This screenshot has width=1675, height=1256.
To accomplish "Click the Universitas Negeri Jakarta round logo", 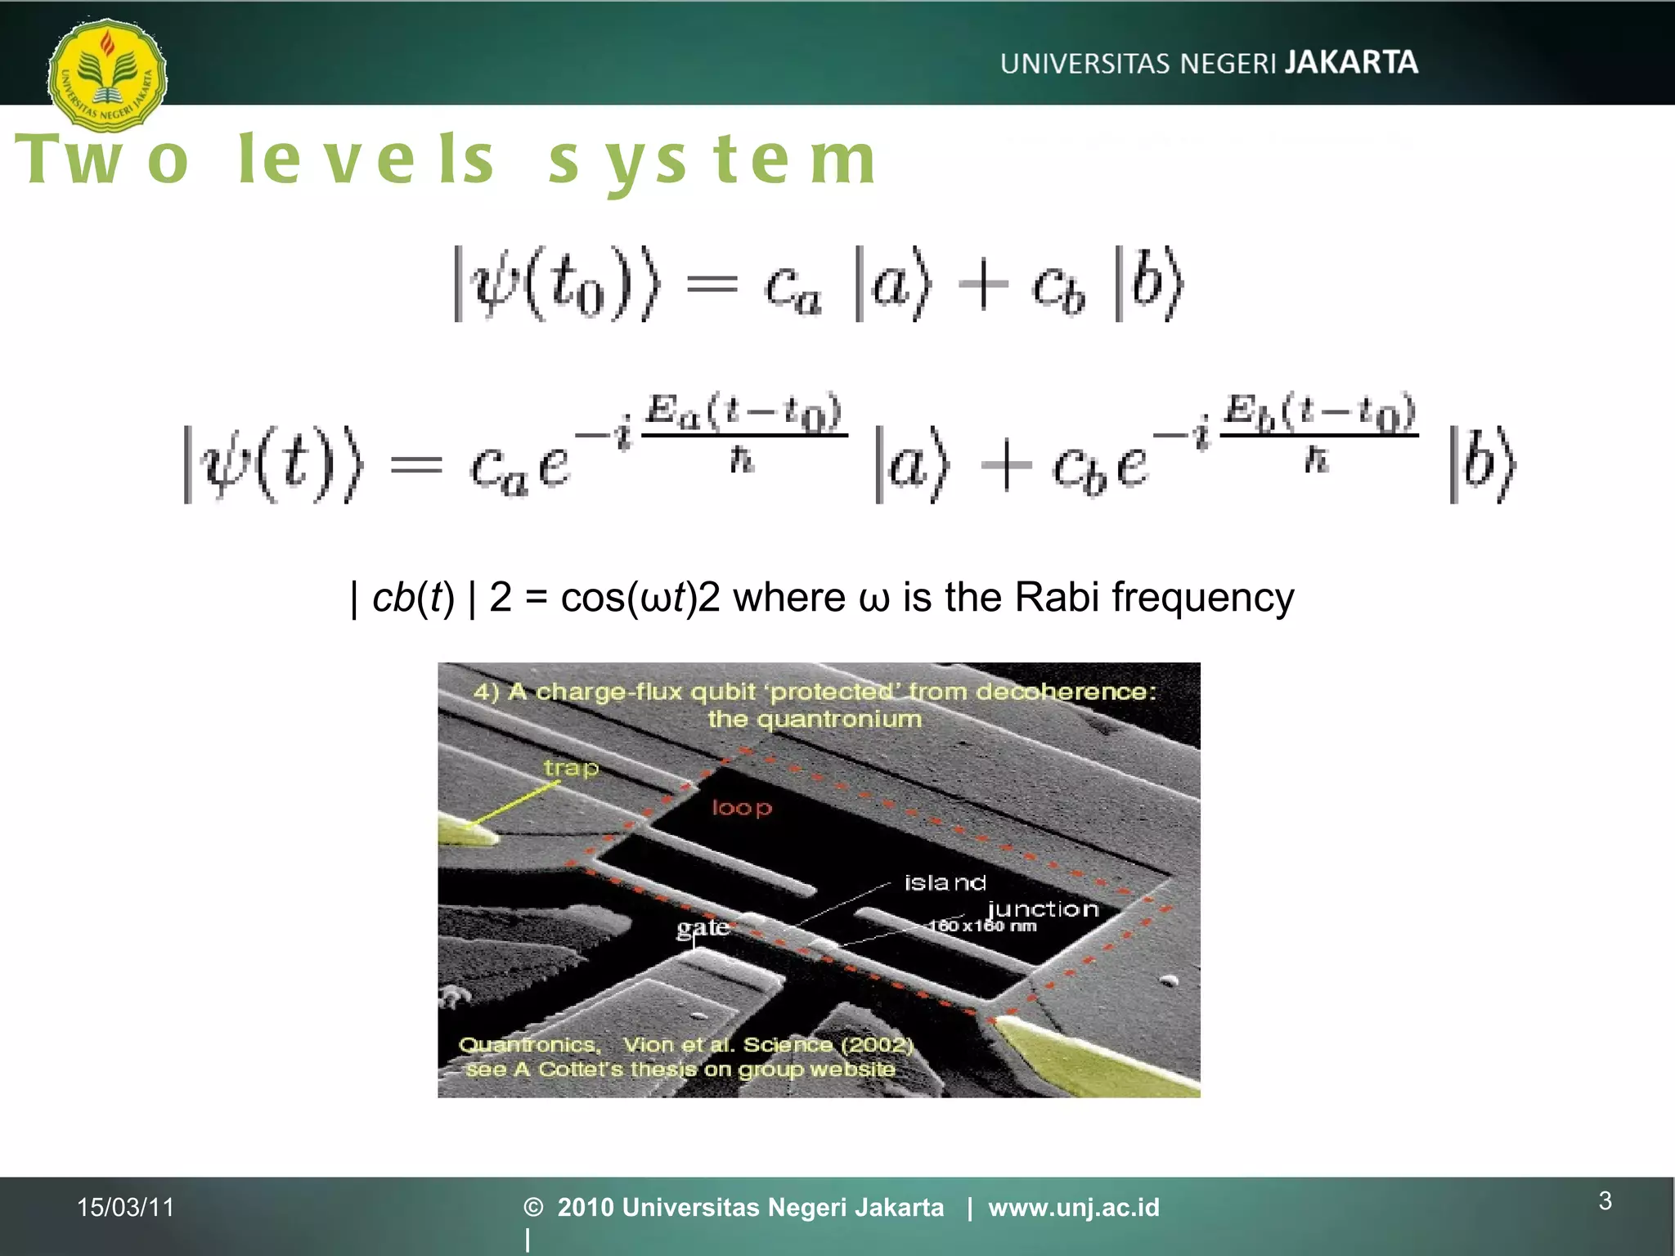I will [x=107, y=74].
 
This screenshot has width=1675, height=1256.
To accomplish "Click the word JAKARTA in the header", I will [x=1351, y=62].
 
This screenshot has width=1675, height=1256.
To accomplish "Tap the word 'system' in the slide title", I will [x=712, y=159].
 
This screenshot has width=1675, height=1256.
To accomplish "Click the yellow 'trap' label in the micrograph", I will [x=571, y=768].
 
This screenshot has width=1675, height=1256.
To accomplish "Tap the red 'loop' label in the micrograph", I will [x=741, y=808].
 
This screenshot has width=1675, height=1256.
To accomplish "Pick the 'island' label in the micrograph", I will [x=945, y=882].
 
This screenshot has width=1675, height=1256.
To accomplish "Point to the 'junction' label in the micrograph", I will [x=1043, y=908].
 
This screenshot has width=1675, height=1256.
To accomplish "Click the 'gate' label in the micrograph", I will [x=703, y=927].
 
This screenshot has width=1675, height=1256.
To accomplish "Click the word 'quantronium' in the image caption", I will [x=815, y=720].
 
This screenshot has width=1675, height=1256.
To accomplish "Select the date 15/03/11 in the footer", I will [x=126, y=1207].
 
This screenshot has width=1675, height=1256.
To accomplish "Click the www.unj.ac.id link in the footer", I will [x=1074, y=1207].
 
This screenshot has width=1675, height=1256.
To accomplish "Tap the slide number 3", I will [x=1605, y=1200].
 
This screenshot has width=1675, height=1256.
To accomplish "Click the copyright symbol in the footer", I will [x=533, y=1207].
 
